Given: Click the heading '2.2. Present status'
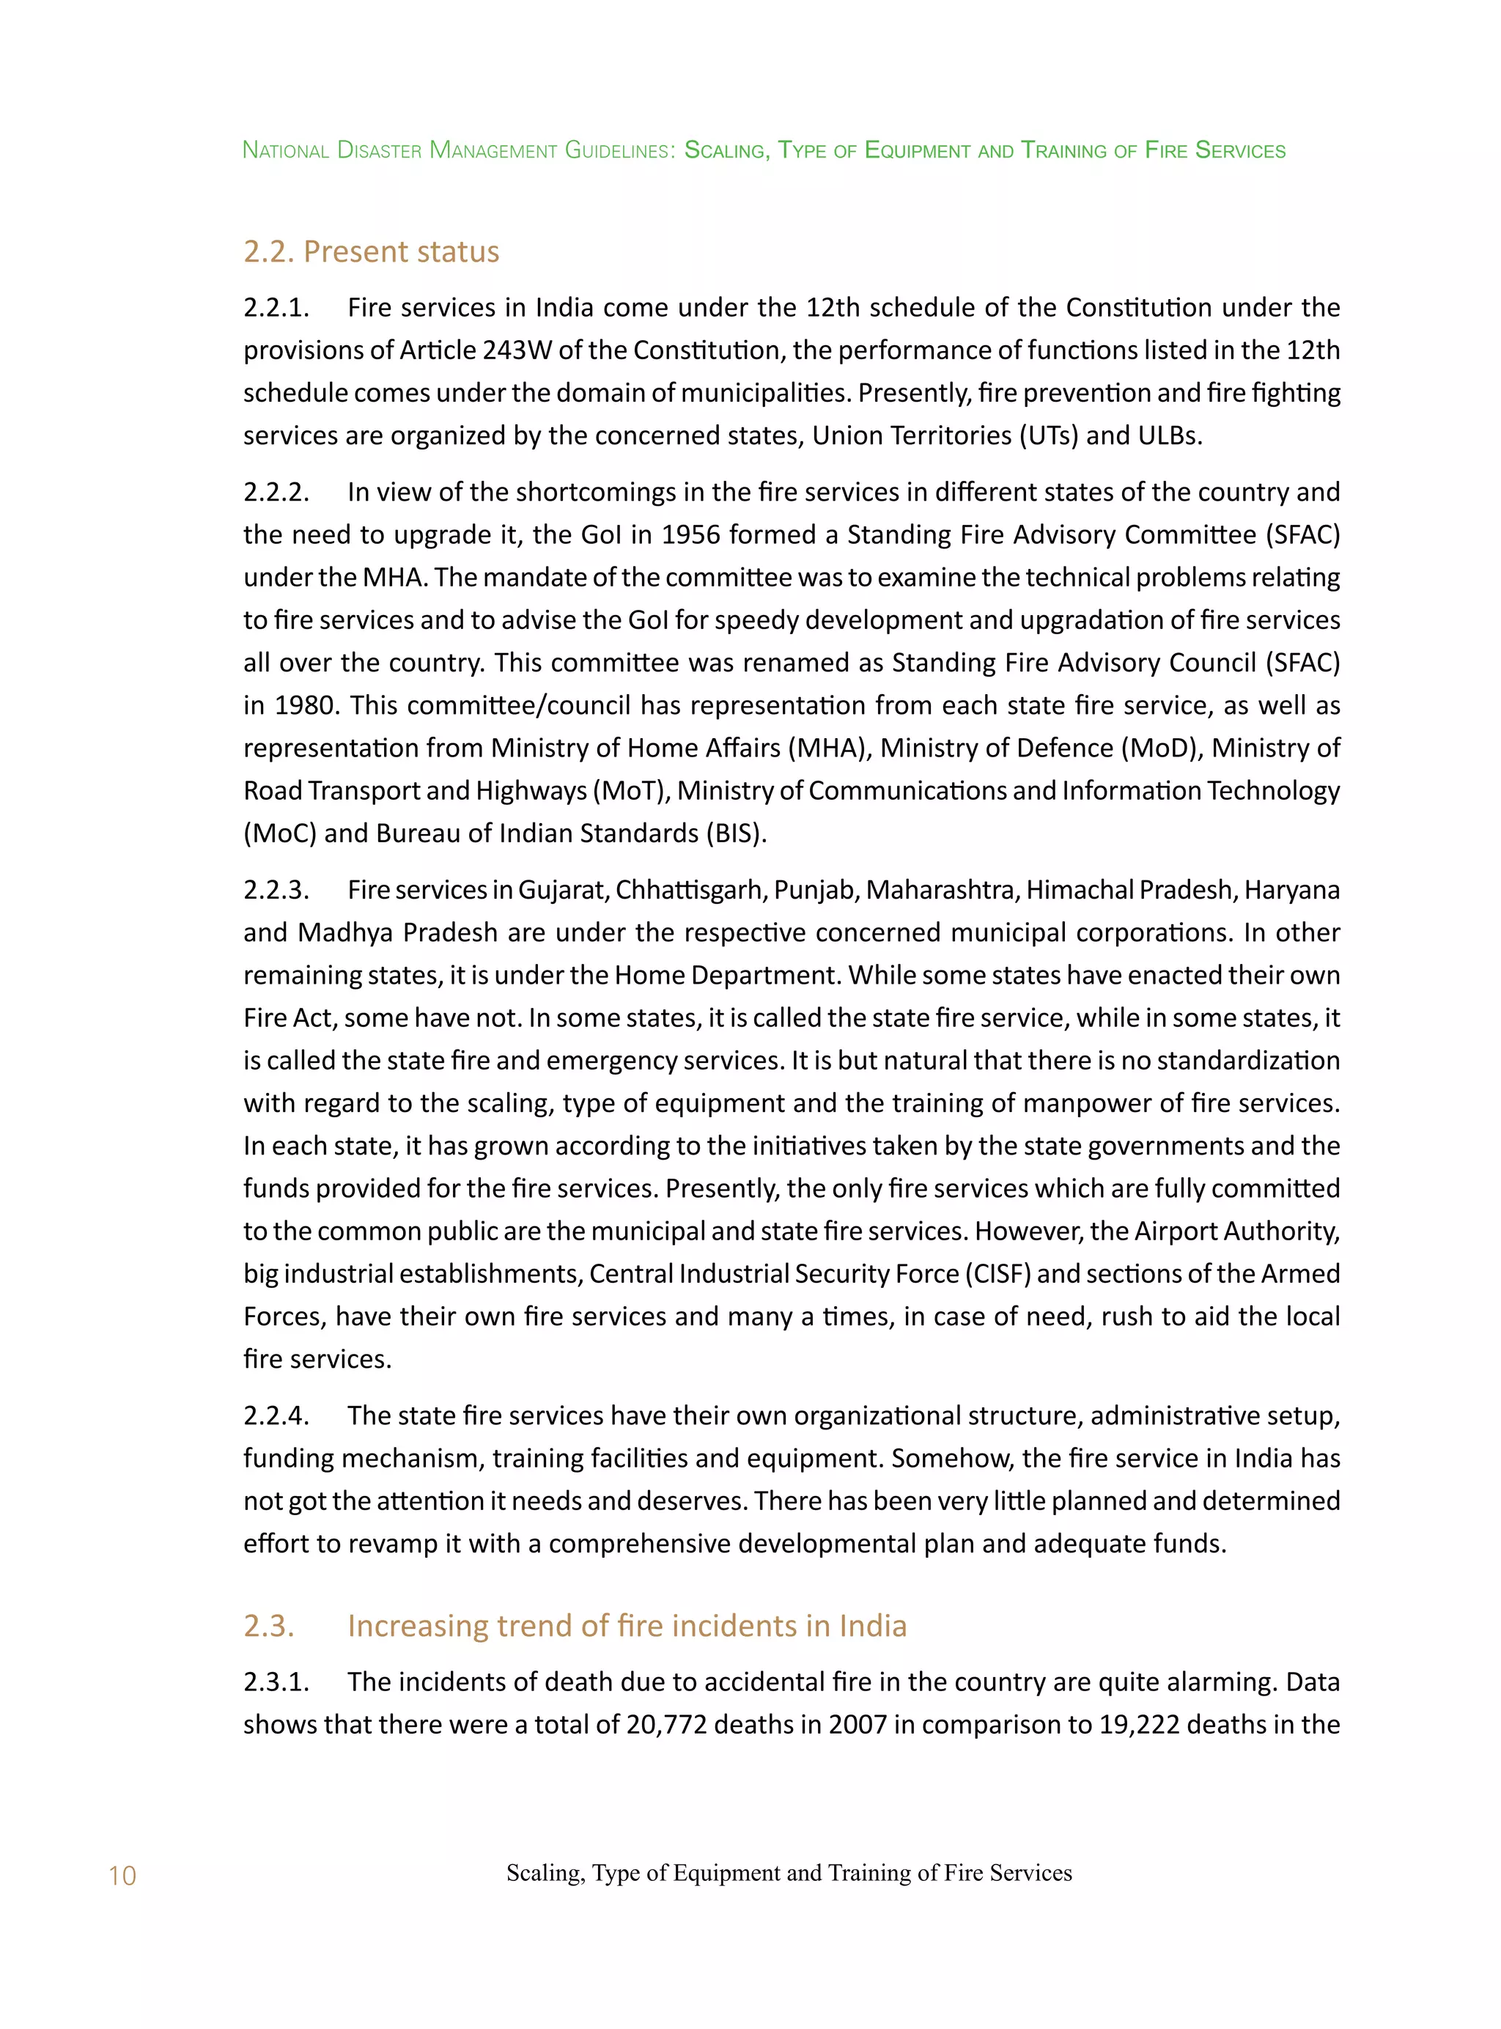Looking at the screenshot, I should tap(371, 251).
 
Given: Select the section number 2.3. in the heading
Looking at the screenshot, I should tap(269, 1624).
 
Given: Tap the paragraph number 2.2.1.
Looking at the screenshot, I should tap(276, 307).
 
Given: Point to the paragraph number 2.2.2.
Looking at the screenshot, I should tap(276, 492).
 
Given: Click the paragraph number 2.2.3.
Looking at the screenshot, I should tap(276, 890).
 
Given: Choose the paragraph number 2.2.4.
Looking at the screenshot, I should tap(276, 1415).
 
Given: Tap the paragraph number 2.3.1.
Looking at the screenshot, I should tap(276, 1681).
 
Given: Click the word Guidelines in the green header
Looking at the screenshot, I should tap(619, 150).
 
